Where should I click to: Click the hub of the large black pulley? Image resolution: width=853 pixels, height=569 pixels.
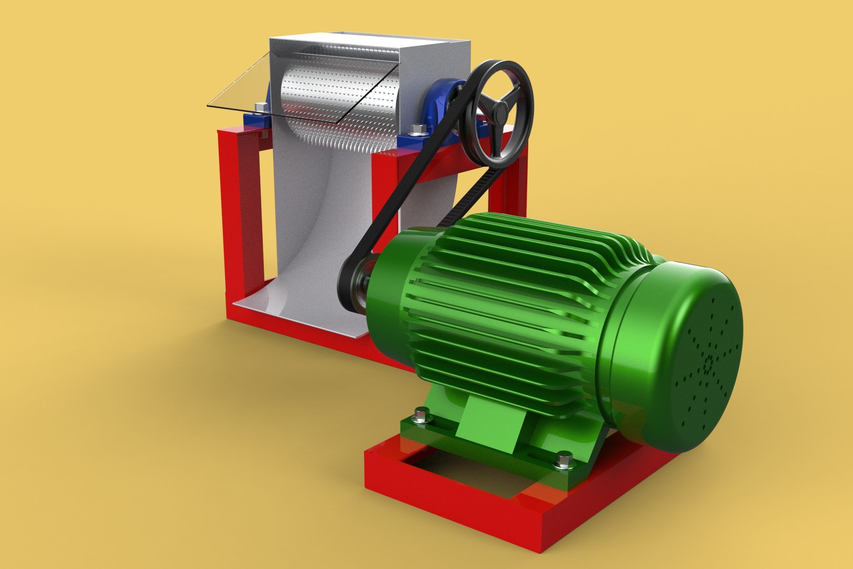(497, 109)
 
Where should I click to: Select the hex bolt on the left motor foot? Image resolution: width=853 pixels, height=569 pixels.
(421, 415)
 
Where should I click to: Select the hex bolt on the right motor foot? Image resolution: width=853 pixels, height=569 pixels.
(564, 460)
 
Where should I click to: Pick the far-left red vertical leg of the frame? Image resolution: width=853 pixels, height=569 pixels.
(232, 211)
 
